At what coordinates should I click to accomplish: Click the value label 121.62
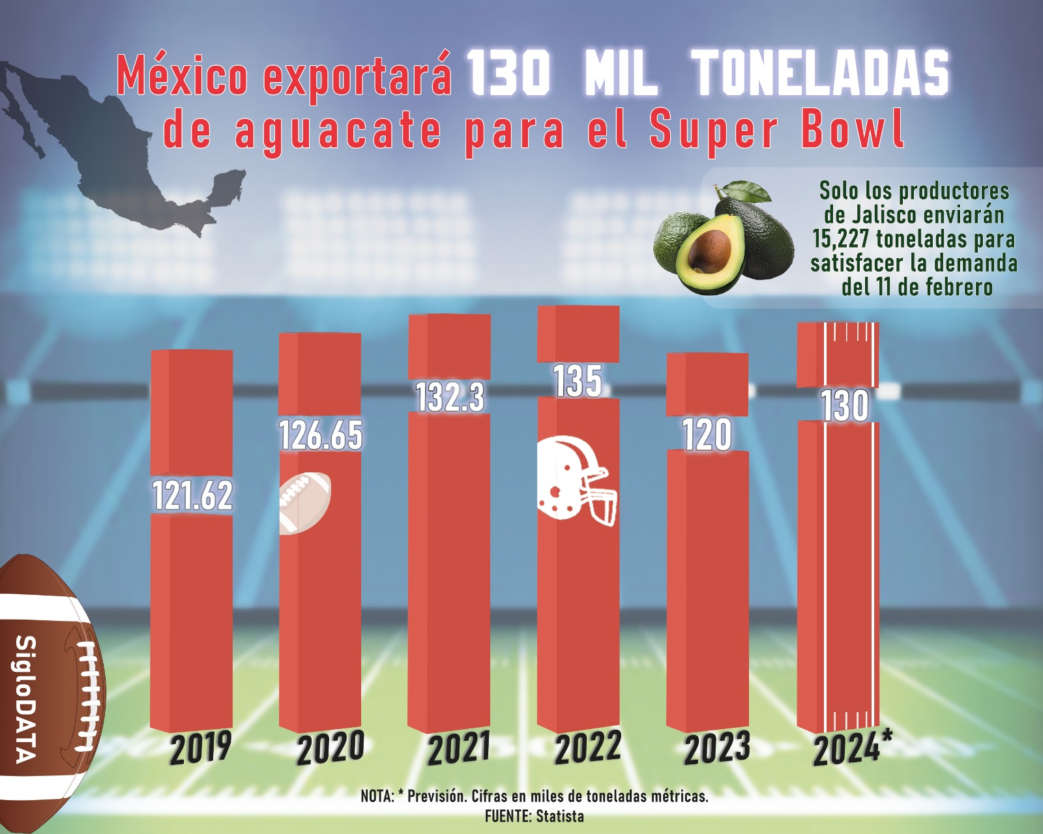[192, 495]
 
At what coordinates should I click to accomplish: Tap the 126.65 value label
[321, 435]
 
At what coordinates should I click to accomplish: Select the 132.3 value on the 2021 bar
[450, 396]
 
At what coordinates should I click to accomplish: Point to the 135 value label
[578, 381]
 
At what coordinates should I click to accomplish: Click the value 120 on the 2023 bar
[707, 435]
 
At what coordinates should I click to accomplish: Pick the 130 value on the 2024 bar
[844, 405]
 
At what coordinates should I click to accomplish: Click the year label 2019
[201, 748]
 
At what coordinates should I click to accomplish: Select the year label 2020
[331, 749]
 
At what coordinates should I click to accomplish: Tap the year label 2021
[459, 748]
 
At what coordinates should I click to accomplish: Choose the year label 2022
[588, 748]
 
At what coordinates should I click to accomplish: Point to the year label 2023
[716, 749]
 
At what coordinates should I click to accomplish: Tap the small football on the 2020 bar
[304, 502]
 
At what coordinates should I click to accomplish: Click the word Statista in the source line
[560, 816]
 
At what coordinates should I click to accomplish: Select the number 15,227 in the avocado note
[842, 239]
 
